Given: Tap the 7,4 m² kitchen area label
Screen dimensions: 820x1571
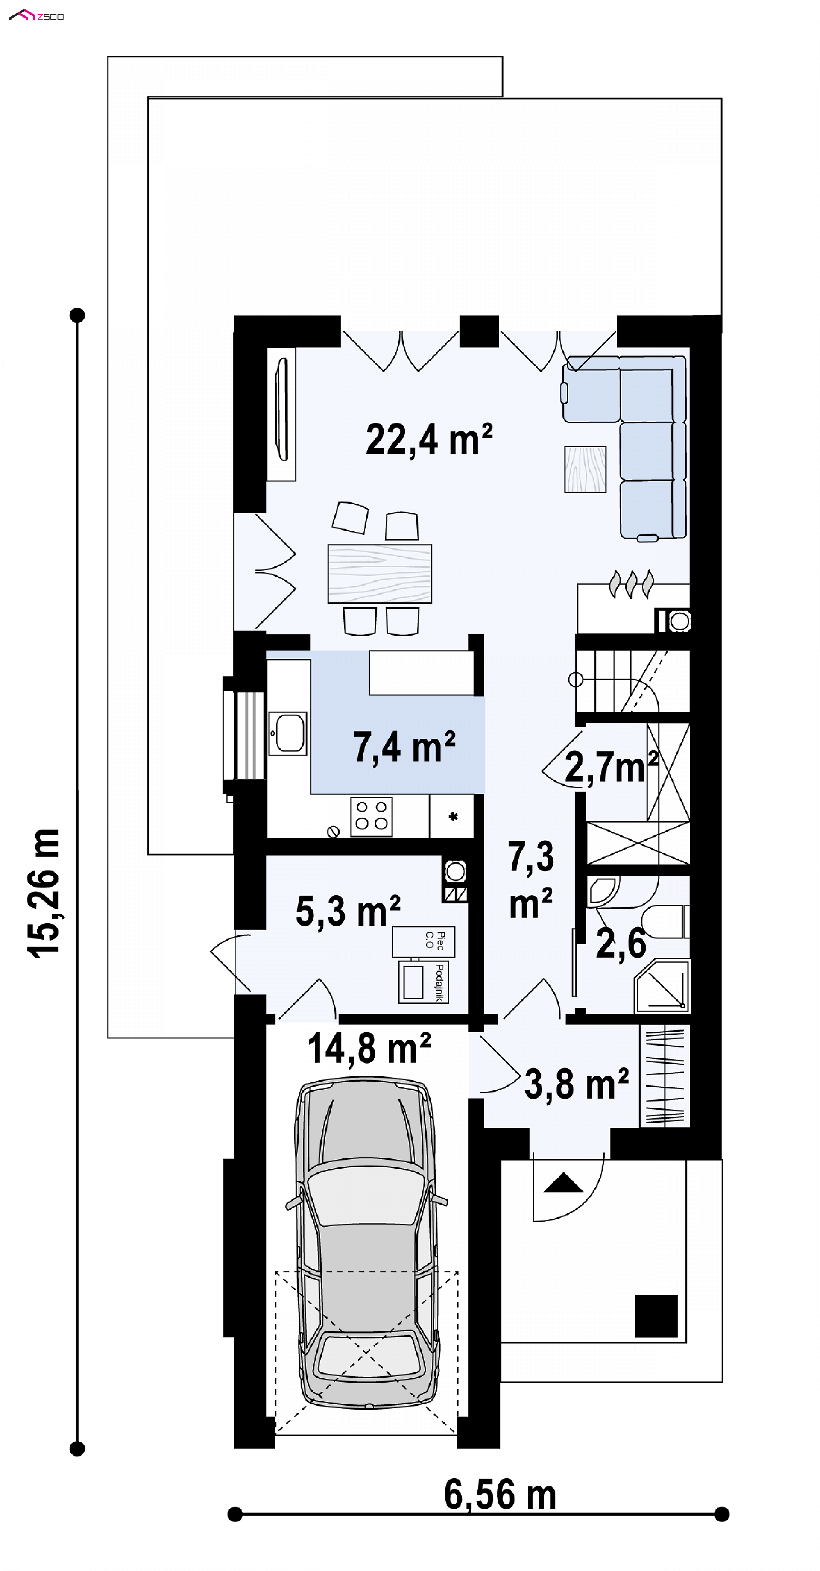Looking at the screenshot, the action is coord(404,747).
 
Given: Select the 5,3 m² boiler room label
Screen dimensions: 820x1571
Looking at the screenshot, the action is coord(348,911).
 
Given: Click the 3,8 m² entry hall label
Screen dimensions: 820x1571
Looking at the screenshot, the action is coord(576,1084).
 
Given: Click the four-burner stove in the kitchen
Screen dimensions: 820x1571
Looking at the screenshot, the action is coord(371,816).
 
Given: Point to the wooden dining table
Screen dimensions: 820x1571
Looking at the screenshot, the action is coord(379,573).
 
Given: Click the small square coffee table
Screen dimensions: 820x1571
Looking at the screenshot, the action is coord(585,469).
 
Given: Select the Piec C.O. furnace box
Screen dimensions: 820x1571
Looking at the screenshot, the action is coord(423,941).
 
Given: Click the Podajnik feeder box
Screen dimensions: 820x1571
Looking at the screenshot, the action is coord(423,982).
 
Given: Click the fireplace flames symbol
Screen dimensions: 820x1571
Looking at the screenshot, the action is coord(631,584).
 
